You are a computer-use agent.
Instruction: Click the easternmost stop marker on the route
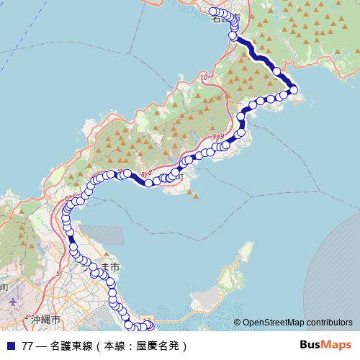click(x=293, y=89)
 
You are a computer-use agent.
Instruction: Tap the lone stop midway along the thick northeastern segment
click(x=276, y=71)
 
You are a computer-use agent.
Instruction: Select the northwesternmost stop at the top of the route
click(x=213, y=12)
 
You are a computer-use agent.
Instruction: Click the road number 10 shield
click(x=204, y=76)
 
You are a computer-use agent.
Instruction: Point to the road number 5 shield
click(x=58, y=274)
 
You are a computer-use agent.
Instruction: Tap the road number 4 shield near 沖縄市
click(x=27, y=318)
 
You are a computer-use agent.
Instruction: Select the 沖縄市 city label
click(x=44, y=319)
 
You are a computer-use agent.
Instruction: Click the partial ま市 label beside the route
click(x=108, y=267)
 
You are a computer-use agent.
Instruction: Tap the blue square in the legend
click(x=10, y=346)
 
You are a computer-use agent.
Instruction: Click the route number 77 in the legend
click(x=27, y=346)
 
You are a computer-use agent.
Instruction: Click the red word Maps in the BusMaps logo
click(x=338, y=345)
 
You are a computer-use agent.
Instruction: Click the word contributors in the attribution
click(x=327, y=323)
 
